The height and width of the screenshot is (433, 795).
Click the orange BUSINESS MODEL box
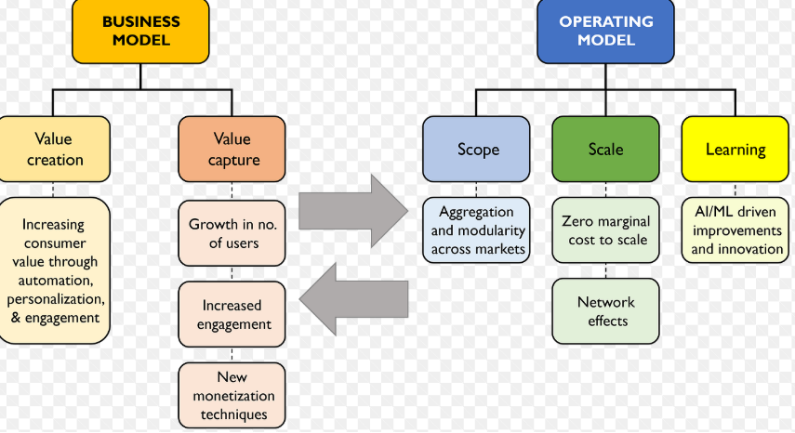tap(140, 31)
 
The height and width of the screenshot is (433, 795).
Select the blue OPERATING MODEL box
tap(606, 31)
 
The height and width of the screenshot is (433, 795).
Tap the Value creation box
tap(54, 149)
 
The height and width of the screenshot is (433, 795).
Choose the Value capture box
tap(232, 149)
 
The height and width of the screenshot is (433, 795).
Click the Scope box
tap(476, 149)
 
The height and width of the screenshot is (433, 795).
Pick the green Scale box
tap(606, 149)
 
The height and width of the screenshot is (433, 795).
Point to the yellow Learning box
tap(735, 149)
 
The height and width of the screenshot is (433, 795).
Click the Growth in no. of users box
tap(232, 233)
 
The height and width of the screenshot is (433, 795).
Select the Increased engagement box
tap(232, 314)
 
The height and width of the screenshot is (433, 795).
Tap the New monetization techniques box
tap(232, 395)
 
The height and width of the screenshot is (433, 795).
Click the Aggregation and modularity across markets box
tap(476, 230)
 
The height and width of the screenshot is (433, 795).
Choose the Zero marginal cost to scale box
tap(606, 230)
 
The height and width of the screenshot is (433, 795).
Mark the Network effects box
tap(606, 311)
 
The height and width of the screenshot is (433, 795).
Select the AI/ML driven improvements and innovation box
tap(735, 230)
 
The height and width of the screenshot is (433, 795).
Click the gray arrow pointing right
tap(353, 211)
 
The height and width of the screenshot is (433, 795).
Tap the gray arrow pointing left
tap(353, 299)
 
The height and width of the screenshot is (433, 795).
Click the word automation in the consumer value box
tap(55, 280)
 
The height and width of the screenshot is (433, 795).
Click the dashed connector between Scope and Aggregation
tap(476, 190)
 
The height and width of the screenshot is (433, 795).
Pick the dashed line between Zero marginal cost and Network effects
tap(606, 270)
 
